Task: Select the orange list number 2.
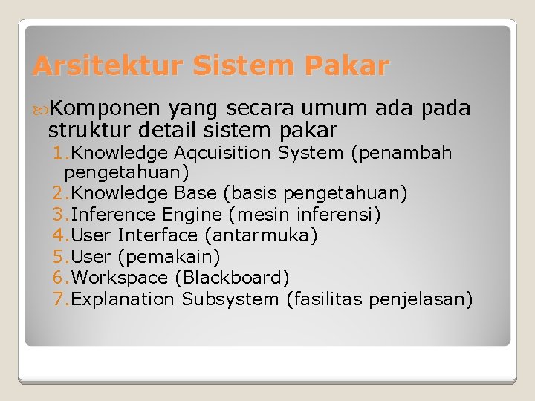click(59, 194)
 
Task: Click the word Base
click(197, 194)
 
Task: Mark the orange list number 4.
click(59, 236)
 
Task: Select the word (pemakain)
click(169, 257)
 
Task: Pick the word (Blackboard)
click(232, 278)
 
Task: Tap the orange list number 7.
click(59, 299)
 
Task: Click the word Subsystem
click(230, 299)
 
